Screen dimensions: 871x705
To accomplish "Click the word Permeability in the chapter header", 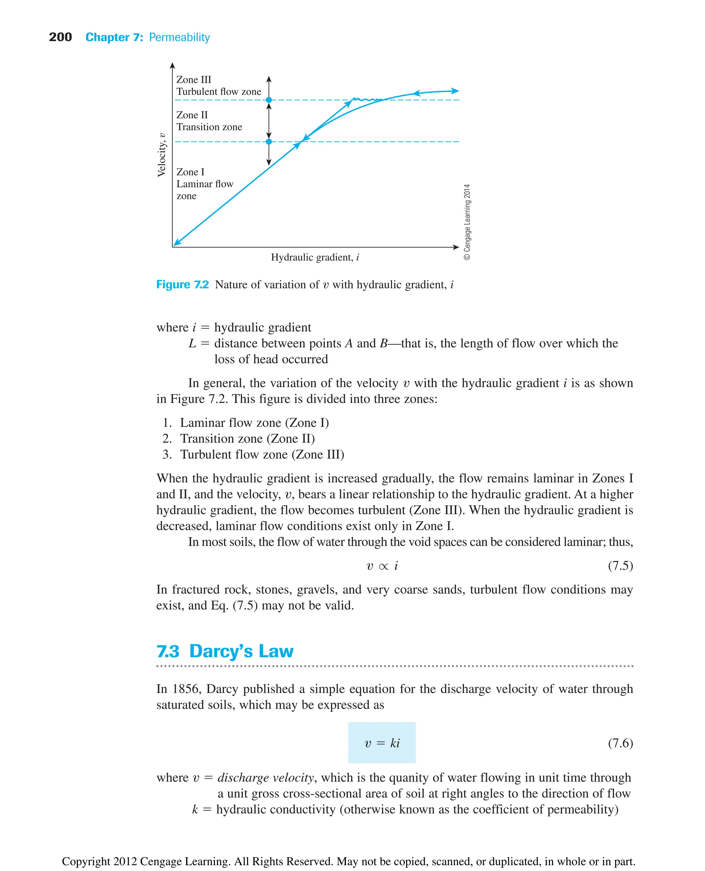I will (179, 37).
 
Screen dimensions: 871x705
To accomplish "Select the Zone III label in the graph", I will (194, 79).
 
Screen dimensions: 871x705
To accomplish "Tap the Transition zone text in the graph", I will (209, 127).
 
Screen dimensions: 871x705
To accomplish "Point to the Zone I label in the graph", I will (190, 172).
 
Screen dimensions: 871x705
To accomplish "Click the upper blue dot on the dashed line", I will (269, 100).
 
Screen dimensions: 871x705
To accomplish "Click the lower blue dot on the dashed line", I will (269, 142).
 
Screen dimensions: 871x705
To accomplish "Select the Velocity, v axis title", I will (162, 154).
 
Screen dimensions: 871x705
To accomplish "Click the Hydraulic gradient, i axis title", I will (315, 257).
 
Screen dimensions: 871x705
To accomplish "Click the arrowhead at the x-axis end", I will (456, 247).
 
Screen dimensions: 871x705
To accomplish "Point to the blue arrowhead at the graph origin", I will (177, 243).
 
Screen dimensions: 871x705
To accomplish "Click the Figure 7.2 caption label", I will (182, 284).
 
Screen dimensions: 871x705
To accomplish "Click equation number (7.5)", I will (620, 566).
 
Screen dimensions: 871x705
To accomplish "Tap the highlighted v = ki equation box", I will (382, 742).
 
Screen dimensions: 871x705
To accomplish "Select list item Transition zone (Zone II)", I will (247, 438).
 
